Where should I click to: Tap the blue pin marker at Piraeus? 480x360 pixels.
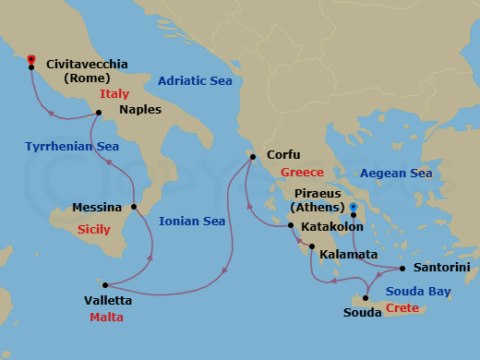click(x=354, y=207)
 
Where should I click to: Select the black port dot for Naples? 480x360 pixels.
click(x=98, y=114)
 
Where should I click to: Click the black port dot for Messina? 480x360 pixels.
click(x=133, y=207)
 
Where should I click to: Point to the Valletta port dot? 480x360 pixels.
click(x=105, y=285)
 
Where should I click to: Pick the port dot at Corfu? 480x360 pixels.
click(x=251, y=158)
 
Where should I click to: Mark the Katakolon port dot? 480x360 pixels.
click(x=291, y=226)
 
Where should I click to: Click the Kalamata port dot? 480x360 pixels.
click(x=312, y=246)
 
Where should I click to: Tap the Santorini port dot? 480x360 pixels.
click(x=403, y=269)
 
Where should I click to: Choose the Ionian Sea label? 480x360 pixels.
click(x=192, y=222)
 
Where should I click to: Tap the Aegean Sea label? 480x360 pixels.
click(x=395, y=174)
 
